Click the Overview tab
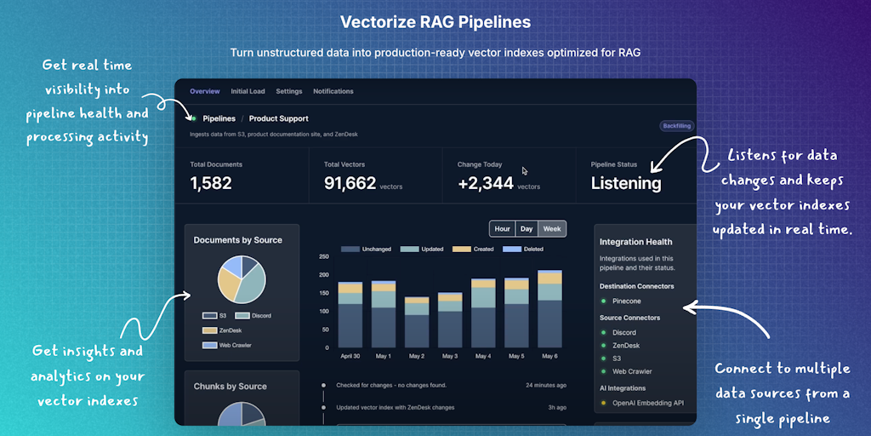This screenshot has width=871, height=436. point(205,91)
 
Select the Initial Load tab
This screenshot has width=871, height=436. point(248,91)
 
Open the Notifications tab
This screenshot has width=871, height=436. point(333,91)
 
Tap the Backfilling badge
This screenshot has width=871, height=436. point(676,126)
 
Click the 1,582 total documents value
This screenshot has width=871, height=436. point(211,183)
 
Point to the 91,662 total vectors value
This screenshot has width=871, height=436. point(350,183)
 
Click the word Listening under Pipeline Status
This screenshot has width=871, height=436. point(626,183)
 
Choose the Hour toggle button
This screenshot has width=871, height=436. point(503,228)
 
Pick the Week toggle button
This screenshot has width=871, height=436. point(552,228)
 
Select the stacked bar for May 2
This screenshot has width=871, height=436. point(417,322)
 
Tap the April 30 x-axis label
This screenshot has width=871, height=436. point(350,356)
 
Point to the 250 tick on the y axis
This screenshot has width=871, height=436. point(324,256)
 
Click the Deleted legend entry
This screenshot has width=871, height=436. point(532,249)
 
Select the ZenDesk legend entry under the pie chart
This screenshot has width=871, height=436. point(230,330)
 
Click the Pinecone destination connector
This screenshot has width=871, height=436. point(627,301)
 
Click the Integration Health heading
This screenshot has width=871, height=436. point(635,242)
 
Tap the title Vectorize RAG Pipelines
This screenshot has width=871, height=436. point(435,21)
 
